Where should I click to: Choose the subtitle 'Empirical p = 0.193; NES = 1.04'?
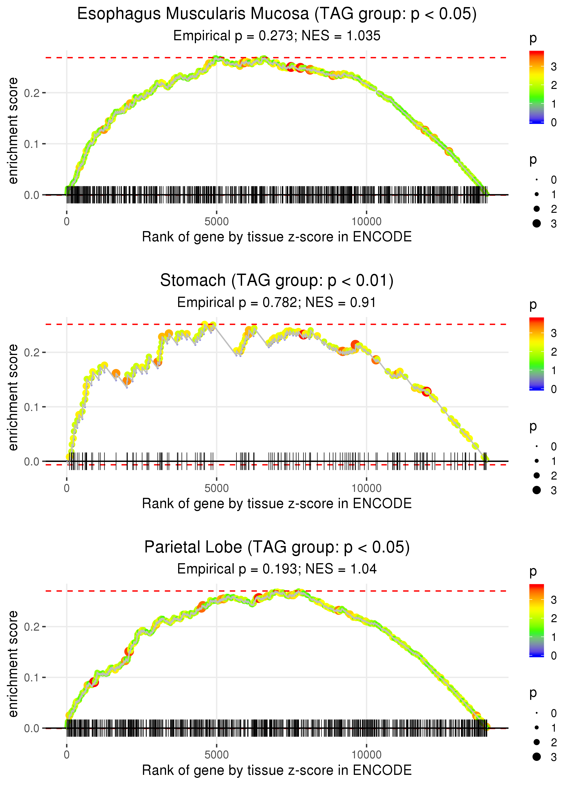(276, 569)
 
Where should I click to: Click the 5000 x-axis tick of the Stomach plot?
(216, 488)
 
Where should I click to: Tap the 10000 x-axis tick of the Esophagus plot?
(366, 222)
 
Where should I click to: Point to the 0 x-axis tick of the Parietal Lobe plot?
(66, 755)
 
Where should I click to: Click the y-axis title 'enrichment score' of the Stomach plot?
(13, 397)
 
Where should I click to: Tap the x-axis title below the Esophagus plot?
(276, 237)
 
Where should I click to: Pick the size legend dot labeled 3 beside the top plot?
(537, 223)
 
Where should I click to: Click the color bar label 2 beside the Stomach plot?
(553, 352)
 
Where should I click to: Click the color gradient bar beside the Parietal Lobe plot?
(536, 620)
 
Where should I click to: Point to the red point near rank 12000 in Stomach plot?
(426, 392)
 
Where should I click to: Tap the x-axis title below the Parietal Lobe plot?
(276, 770)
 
